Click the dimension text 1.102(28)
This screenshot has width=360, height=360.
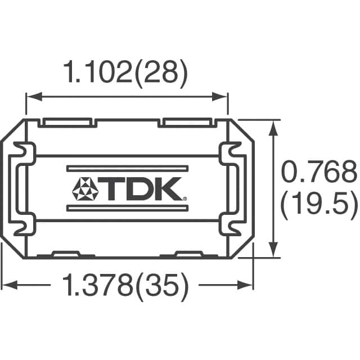[x=127, y=73]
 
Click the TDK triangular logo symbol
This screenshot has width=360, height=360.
[x=86, y=190]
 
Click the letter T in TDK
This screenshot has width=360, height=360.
[x=115, y=190]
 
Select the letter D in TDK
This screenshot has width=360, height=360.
[x=141, y=190]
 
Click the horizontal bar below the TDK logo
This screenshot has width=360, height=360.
[x=126, y=209]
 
